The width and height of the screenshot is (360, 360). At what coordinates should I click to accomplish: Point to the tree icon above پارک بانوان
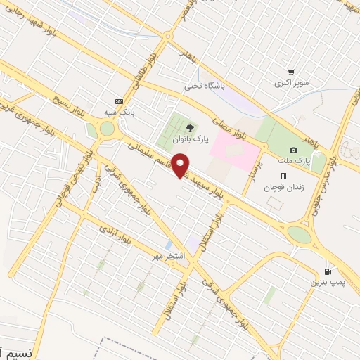[191, 128]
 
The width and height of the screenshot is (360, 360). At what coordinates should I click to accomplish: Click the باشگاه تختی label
[204, 86]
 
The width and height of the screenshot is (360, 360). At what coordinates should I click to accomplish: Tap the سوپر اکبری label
[292, 83]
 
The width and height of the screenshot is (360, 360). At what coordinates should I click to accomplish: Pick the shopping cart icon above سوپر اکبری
[291, 72]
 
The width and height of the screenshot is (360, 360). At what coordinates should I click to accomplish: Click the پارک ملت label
[294, 161]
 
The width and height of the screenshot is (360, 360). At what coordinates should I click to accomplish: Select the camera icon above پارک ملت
[293, 150]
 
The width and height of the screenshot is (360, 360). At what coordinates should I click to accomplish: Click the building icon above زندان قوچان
[283, 176]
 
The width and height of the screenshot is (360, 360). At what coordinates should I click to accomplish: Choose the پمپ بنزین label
[326, 282]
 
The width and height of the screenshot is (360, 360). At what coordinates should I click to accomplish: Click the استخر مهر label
[169, 255]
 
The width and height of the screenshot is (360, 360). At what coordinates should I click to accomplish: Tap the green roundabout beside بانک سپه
[107, 129]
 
